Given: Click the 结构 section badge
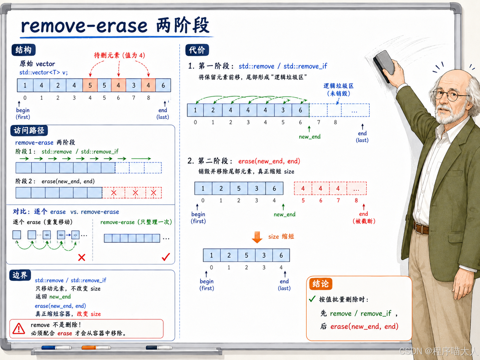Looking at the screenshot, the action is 24,50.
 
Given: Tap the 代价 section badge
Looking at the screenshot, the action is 197,50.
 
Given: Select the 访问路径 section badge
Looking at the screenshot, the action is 29,131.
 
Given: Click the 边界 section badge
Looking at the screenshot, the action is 20,275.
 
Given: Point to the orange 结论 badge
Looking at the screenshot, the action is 321,284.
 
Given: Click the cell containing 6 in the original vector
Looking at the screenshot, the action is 163,85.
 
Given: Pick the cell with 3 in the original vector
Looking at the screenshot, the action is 134,85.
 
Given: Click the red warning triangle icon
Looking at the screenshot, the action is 19,329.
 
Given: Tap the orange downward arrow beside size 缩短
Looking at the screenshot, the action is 257,237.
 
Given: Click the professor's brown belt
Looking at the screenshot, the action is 421,228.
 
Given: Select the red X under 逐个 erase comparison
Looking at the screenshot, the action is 82,257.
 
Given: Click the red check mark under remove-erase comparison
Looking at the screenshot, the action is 166,257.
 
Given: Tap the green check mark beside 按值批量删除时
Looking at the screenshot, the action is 312,299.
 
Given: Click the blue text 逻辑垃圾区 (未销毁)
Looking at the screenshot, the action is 338,90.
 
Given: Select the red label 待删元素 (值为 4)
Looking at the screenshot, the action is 119,55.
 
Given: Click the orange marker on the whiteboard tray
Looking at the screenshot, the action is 96,347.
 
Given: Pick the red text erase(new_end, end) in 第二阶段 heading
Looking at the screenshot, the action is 269,161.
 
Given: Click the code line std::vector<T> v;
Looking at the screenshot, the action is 43,72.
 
